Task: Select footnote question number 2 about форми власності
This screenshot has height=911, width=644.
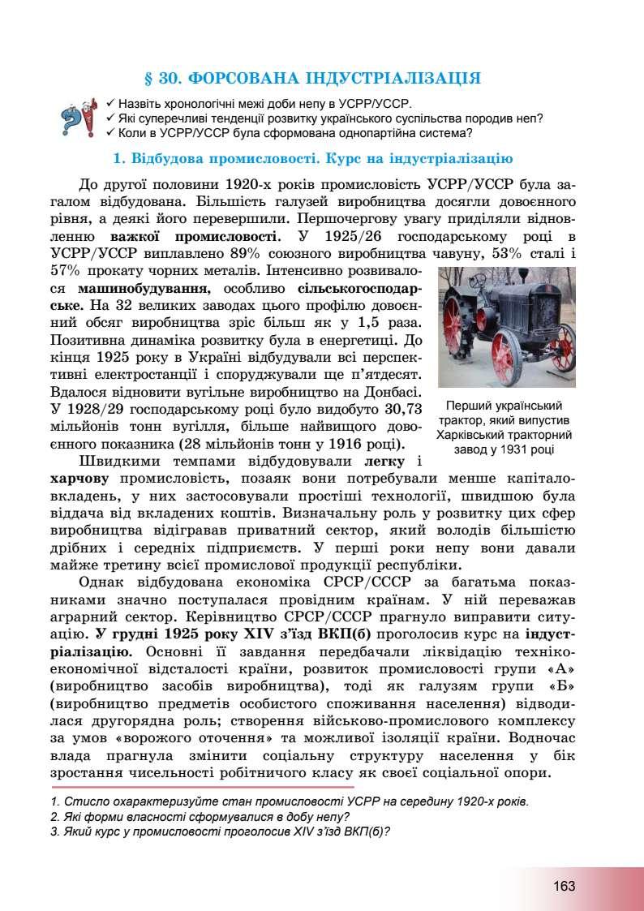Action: (200, 817)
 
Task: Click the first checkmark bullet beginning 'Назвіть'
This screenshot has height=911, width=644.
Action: (110, 105)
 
